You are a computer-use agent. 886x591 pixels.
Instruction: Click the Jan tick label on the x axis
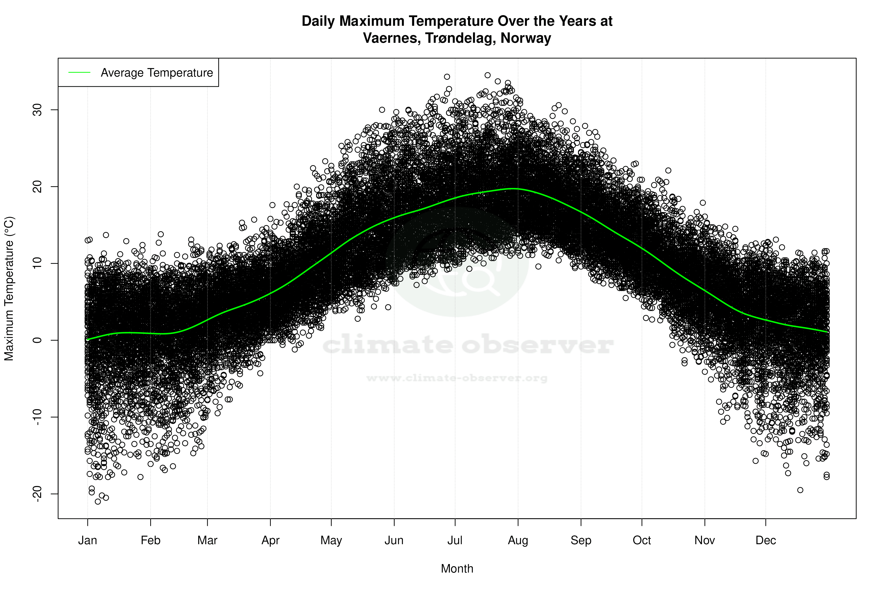coord(87,540)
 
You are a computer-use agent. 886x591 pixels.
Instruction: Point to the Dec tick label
coord(766,540)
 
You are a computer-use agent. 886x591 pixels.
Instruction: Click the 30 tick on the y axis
coord(37,110)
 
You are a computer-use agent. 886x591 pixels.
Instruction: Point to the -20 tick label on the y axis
coord(37,494)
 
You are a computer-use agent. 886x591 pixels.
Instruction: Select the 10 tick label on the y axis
coord(37,263)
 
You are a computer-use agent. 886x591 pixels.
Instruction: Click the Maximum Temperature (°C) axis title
coord(9,288)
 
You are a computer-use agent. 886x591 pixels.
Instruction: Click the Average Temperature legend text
coord(157,73)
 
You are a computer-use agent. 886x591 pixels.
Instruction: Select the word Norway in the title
coord(526,38)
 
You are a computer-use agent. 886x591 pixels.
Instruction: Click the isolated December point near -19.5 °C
coord(800,490)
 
